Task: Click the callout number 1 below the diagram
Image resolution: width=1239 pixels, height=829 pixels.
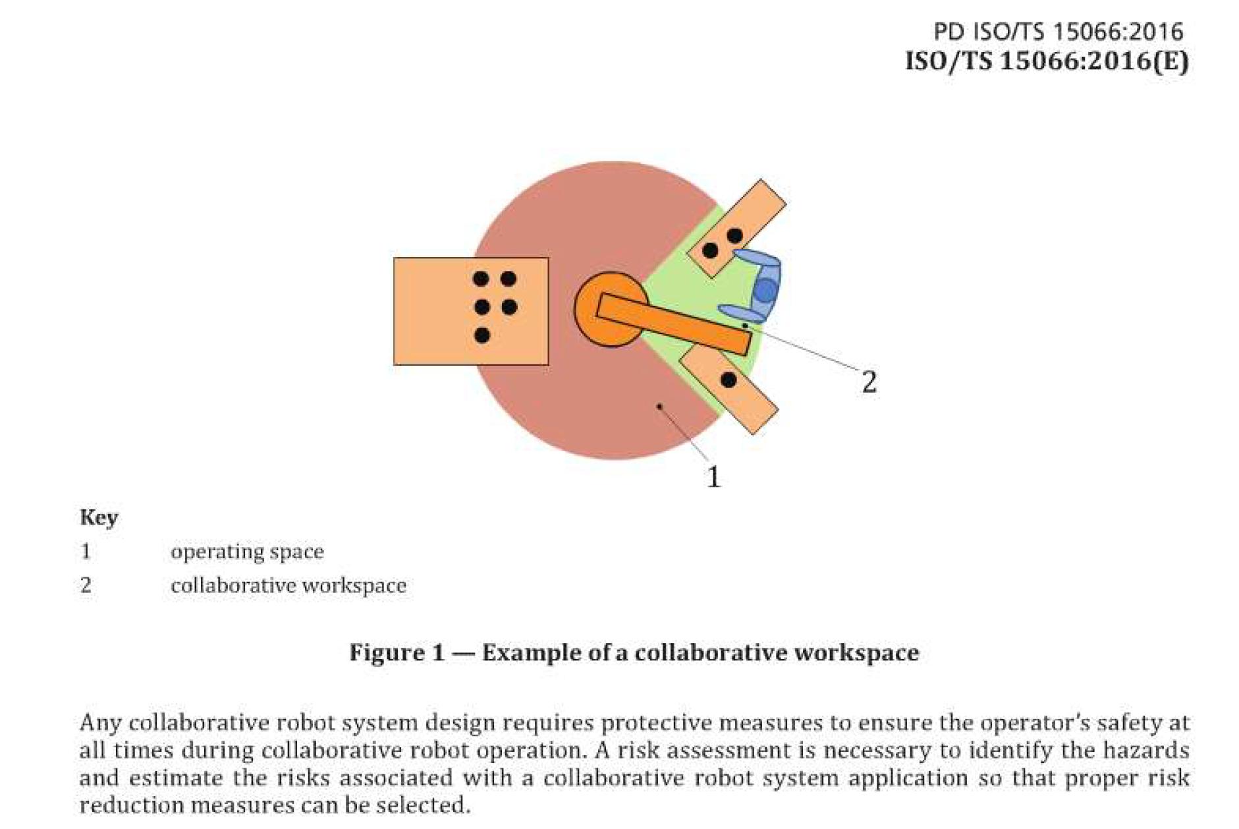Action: click(713, 476)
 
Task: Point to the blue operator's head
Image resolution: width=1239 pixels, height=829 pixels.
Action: click(765, 290)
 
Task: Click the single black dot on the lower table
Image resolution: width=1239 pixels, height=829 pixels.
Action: click(729, 380)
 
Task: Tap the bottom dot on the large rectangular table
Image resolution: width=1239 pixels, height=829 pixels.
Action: click(482, 335)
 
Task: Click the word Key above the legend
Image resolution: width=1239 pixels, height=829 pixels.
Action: click(99, 517)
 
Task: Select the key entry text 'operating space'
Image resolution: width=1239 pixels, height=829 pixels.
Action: click(247, 552)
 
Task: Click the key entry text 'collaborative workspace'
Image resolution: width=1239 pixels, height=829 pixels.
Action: click(288, 586)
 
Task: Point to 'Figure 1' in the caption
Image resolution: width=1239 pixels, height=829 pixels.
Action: click(397, 652)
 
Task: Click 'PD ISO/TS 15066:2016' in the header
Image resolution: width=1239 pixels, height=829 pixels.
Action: click(1058, 32)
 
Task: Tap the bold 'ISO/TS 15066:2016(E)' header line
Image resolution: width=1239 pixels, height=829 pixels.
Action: click(1047, 61)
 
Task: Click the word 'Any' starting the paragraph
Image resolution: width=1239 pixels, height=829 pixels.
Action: click(99, 723)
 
